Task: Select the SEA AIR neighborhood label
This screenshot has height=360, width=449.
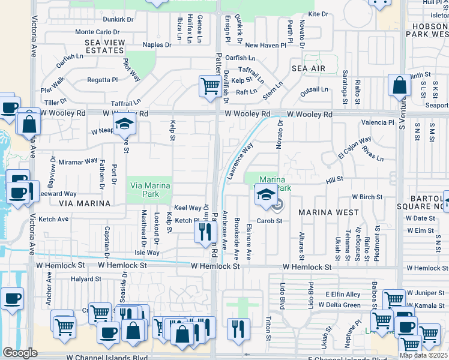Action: pos(309,69)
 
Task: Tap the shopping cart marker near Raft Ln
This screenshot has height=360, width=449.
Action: pos(209,86)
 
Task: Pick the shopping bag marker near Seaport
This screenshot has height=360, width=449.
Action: pos(399,86)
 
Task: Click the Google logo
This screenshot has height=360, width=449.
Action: pos(20,353)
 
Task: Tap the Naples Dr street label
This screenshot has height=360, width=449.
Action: pos(157,44)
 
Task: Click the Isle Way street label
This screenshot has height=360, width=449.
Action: pos(146,253)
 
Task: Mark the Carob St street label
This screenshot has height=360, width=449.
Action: pos(270,221)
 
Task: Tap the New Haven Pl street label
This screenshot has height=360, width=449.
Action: pos(264,45)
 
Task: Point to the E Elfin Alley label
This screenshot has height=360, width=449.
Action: pos(343,294)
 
